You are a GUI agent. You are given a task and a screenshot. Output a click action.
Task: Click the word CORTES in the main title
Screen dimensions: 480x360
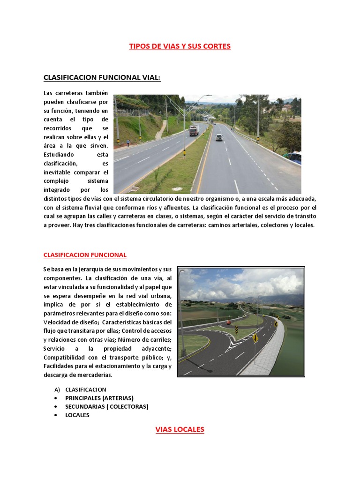217,46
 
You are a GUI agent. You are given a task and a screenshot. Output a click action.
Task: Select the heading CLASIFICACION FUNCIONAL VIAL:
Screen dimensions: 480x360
102,77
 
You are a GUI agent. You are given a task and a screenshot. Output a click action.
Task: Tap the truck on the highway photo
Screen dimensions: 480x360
194,130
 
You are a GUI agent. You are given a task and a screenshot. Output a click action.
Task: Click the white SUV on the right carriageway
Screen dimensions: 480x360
219,137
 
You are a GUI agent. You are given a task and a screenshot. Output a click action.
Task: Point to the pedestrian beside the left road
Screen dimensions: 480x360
128,142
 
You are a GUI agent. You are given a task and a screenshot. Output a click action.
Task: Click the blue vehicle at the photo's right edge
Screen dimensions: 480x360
295,157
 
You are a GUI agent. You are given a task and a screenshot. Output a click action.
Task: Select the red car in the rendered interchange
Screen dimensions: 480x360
228,322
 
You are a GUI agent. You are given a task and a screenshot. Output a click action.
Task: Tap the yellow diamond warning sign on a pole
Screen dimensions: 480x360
255,337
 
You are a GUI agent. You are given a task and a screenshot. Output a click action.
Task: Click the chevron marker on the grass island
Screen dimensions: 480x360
236,330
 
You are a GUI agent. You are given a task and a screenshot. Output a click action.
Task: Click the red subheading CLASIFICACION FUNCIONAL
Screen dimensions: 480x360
85,255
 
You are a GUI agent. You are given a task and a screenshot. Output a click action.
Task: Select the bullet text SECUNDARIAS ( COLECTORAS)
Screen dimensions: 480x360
106,406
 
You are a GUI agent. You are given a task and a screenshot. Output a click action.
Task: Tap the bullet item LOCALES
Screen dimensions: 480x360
77,415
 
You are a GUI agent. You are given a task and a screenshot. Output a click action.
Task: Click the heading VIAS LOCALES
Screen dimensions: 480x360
180,429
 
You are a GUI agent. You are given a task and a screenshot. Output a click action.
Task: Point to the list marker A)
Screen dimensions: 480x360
58,390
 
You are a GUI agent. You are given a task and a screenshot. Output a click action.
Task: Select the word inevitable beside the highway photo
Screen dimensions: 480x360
59,172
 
